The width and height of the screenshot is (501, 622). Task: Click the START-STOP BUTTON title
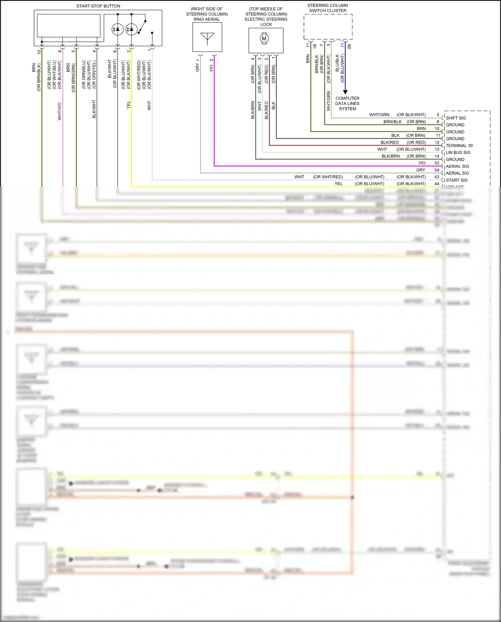pyautogui.click(x=98, y=6)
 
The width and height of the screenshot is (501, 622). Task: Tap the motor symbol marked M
pyautogui.click(x=264, y=38)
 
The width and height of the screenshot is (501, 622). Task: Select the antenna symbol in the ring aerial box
pyautogui.click(x=207, y=38)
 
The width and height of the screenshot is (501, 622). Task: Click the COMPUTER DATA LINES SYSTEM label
pyautogui.click(x=347, y=103)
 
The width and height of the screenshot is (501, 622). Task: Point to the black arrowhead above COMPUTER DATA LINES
pyautogui.click(x=345, y=92)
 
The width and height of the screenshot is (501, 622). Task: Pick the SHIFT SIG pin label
pyautogui.click(x=456, y=118)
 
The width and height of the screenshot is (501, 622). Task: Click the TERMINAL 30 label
pyautogui.click(x=459, y=146)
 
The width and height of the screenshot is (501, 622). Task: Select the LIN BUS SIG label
pyautogui.click(x=458, y=152)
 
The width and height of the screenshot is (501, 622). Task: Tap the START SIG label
pyautogui.click(x=457, y=180)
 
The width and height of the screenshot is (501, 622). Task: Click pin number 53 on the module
pyautogui.click(x=437, y=163)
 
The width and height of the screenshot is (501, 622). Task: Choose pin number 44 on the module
pyautogui.click(x=437, y=184)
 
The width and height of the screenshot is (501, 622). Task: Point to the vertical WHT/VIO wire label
pyautogui.click(x=59, y=111)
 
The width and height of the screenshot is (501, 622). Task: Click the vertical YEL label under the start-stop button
pyautogui.click(x=129, y=105)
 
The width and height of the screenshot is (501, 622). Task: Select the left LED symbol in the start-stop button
pyautogui.click(x=118, y=29)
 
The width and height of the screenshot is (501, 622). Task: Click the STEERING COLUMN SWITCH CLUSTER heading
pyautogui.click(x=328, y=8)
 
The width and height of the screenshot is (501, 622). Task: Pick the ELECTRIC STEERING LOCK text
pyautogui.click(x=266, y=22)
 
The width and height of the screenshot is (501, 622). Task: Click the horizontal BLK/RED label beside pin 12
pyautogui.click(x=389, y=142)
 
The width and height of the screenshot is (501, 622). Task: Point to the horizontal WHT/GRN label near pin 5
pyautogui.click(x=379, y=115)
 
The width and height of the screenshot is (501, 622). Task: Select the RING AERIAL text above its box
pyautogui.click(x=207, y=19)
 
